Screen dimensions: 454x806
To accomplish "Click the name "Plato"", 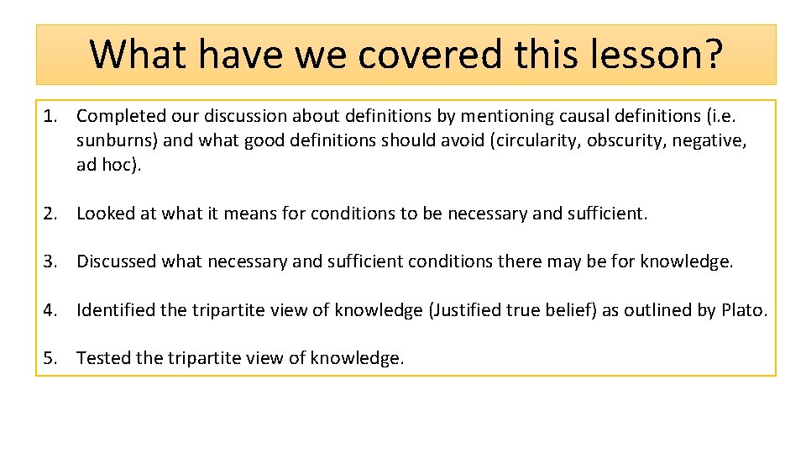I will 741,310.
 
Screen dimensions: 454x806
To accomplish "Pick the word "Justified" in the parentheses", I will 467,310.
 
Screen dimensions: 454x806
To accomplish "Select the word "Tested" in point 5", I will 103,358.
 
